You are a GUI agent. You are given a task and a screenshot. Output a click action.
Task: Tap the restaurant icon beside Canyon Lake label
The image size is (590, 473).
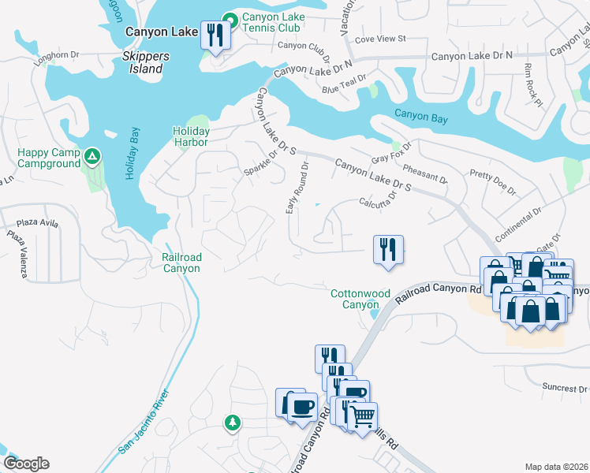pos(215,34)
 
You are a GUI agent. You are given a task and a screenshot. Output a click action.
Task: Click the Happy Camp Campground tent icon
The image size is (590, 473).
pos(92,156)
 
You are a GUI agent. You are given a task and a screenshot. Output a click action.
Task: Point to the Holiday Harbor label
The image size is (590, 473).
pos(191,136)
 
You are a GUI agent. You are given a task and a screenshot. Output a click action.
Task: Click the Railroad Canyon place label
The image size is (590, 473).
pos(181,263)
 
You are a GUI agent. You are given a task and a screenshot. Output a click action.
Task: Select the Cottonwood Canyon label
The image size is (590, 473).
pos(360,299)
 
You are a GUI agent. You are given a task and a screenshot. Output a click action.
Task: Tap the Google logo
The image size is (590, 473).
pos(27,464)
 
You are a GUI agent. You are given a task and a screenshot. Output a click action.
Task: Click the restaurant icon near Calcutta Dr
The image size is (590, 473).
pos(388,249)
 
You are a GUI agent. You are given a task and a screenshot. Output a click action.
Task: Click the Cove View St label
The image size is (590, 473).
pos(380,38)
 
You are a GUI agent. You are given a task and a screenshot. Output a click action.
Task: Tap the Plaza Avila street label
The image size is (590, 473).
pos(39,223)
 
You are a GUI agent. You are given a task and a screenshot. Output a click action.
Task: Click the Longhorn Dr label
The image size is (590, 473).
pos(58,55)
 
